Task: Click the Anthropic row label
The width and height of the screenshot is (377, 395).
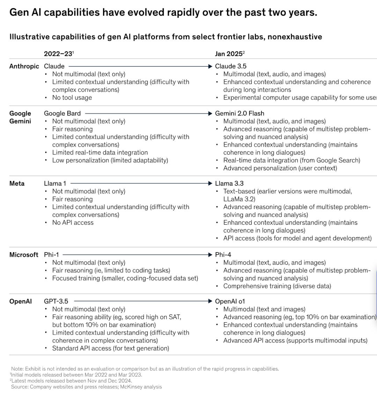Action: point(24,66)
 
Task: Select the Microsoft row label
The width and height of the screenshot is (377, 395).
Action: point(24,255)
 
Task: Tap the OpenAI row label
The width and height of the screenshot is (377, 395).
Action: point(21,301)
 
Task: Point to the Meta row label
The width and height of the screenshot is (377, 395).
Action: point(17,184)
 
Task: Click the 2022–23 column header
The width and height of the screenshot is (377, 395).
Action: point(58,54)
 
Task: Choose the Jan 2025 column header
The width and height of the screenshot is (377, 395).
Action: point(229,54)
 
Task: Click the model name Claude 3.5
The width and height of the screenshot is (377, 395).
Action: point(231,66)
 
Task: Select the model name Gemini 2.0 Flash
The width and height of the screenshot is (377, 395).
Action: point(239,113)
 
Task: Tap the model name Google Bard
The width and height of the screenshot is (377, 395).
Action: point(62,113)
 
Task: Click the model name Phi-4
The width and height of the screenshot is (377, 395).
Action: point(223,255)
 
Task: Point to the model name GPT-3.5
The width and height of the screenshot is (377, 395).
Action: point(56,301)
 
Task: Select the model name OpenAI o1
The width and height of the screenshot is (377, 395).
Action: point(230,301)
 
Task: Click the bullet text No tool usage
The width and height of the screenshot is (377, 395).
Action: point(72,98)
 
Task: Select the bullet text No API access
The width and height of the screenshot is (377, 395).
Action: point(73,223)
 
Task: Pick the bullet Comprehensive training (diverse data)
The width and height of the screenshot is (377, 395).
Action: point(277,286)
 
